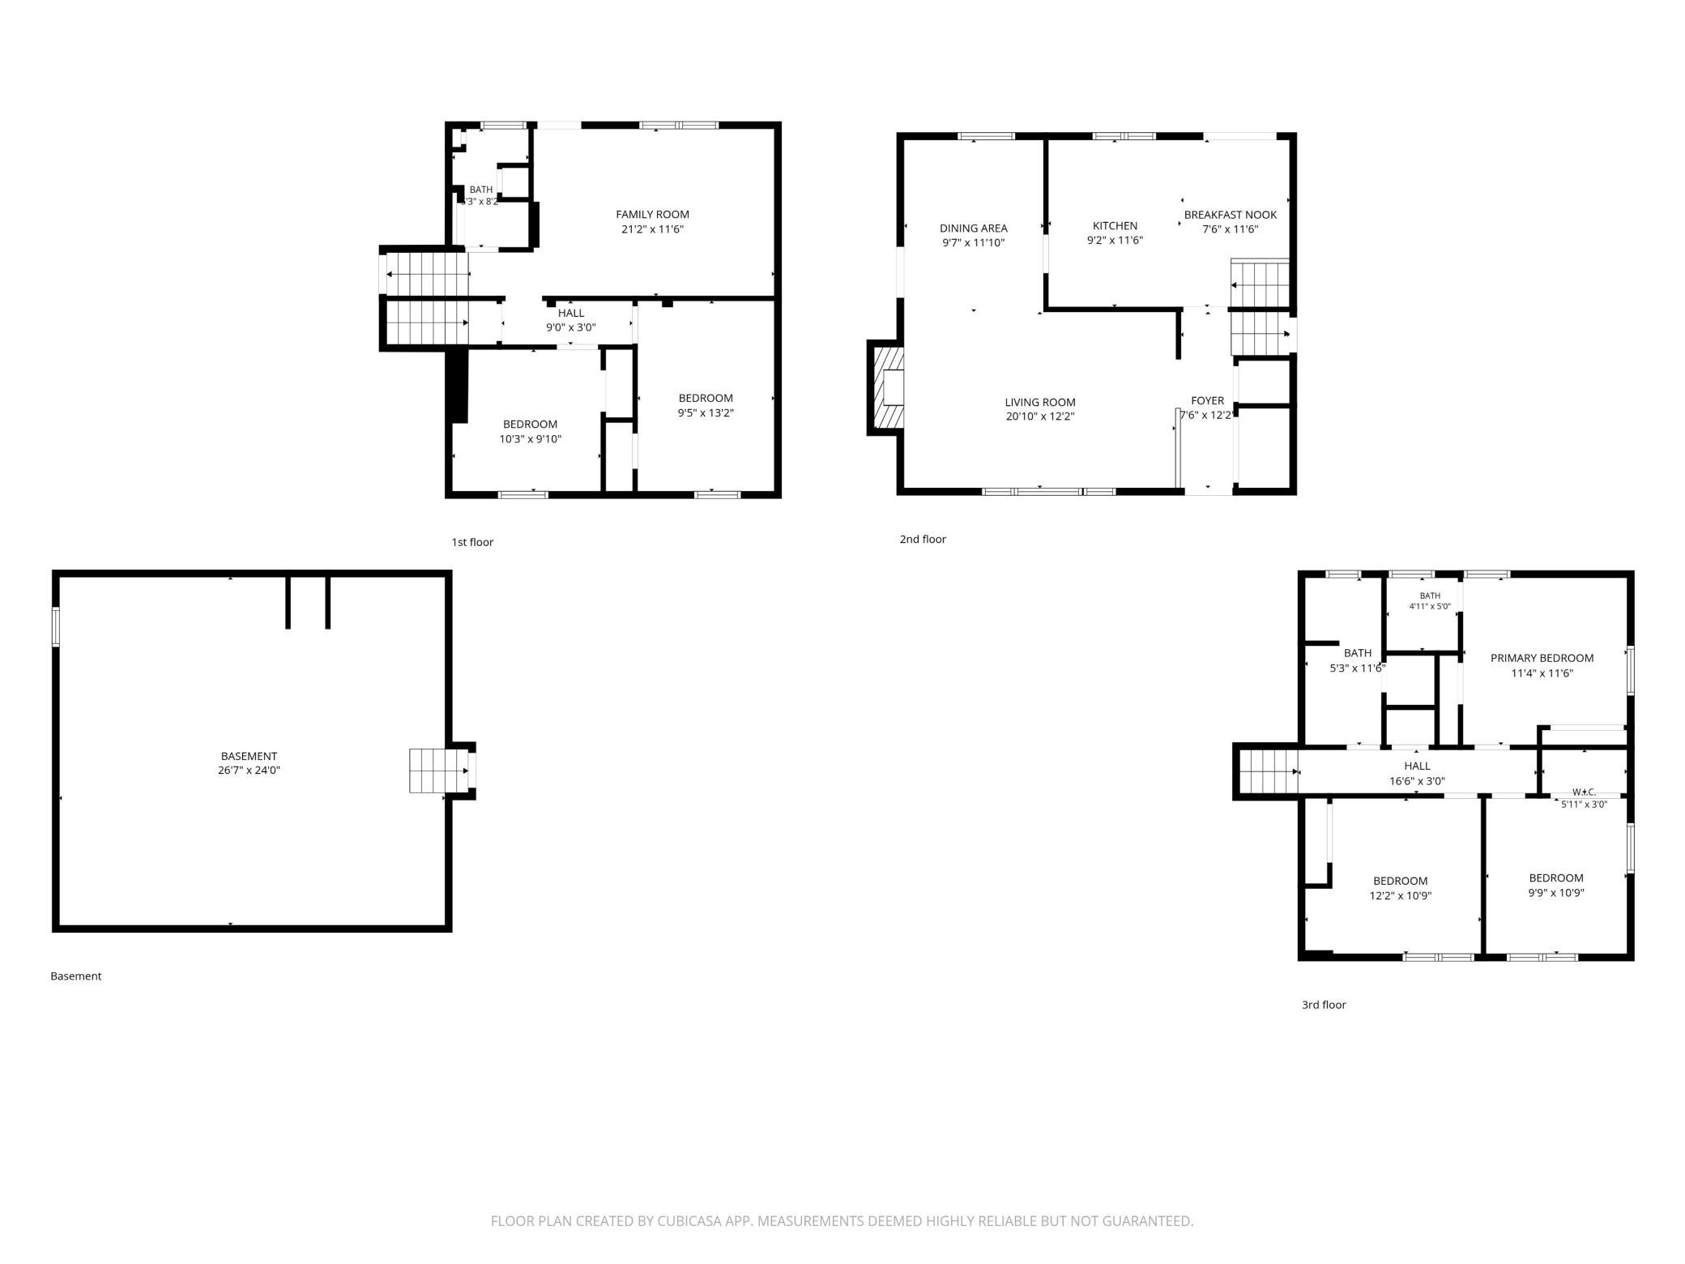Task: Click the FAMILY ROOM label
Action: (x=652, y=215)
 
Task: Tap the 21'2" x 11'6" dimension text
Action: (x=652, y=229)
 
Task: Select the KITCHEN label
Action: (x=1115, y=226)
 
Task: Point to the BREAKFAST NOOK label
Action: (x=1230, y=215)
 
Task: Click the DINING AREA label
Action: (x=973, y=228)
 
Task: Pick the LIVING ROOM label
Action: (x=1040, y=403)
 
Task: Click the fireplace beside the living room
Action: (x=885, y=387)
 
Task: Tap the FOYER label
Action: (x=1207, y=401)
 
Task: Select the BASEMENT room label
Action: (x=249, y=757)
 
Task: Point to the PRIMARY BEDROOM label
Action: (x=1542, y=659)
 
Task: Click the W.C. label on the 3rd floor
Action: (x=1584, y=792)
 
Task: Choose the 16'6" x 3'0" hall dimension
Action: (x=1417, y=782)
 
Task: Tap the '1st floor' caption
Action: (x=472, y=543)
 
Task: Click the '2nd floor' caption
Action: (x=923, y=540)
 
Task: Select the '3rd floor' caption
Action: (x=1324, y=1006)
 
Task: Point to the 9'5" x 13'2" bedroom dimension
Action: (x=706, y=413)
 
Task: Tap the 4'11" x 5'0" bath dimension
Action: (x=1430, y=607)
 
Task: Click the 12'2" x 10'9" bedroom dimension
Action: (x=1400, y=896)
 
